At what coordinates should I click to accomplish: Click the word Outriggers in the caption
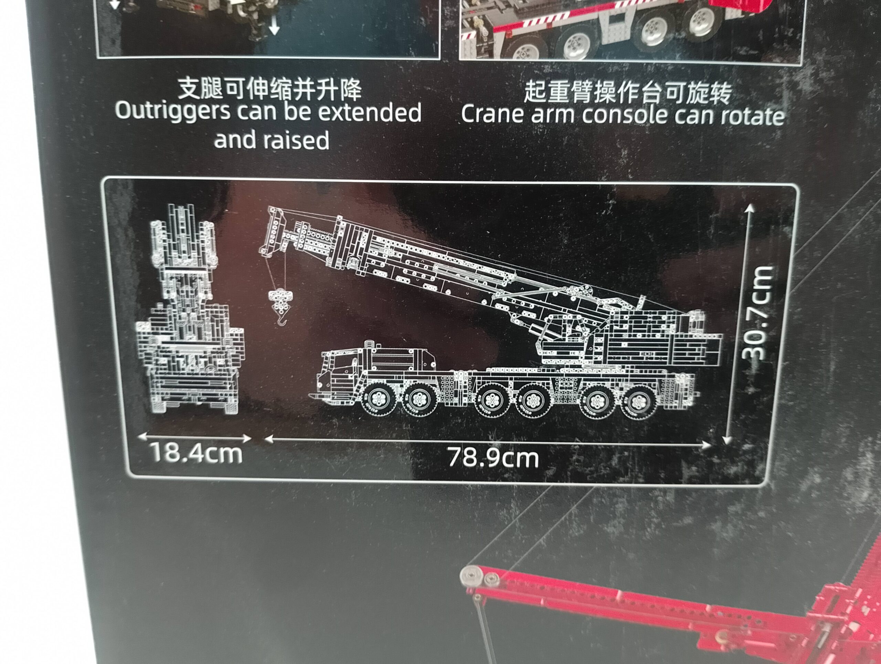[172, 111]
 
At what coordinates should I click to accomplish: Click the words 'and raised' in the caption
[272, 140]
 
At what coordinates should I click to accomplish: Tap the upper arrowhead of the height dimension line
[750, 208]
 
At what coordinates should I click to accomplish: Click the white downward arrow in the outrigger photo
[274, 27]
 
